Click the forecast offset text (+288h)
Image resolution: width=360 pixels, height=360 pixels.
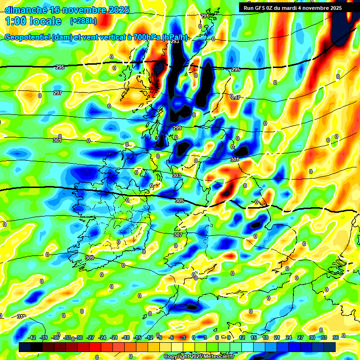click(84, 21)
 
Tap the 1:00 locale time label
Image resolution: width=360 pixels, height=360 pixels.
click(33, 21)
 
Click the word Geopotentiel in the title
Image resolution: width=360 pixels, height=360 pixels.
click(28, 37)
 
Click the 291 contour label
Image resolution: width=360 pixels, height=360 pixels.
click(205, 16)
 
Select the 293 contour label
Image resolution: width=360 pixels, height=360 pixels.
click(175, 42)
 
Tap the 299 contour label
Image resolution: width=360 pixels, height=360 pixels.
click(177, 128)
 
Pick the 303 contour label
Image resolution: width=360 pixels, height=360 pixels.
click(176, 176)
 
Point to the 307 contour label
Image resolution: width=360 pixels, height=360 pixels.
click(178, 235)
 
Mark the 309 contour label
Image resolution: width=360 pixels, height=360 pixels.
click(90, 258)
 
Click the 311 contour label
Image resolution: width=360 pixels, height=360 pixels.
click(21, 317)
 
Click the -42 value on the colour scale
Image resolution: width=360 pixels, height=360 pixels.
click(32, 337)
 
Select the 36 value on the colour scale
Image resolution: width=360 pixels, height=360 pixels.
click(336, 337)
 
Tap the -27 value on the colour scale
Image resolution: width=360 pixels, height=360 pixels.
click(90, 337)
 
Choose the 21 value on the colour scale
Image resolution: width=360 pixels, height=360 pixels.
click(277, 337)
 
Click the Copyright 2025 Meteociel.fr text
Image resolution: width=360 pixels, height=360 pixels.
click(198, 356)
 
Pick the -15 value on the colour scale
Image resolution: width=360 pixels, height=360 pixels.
click(137, 337)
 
